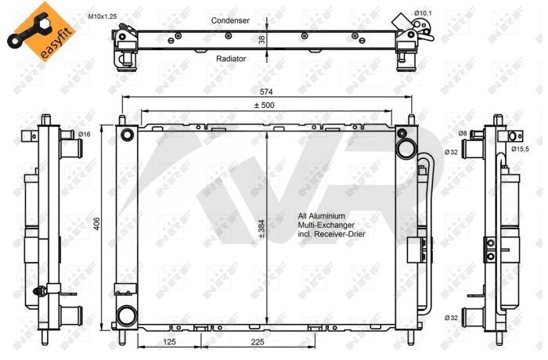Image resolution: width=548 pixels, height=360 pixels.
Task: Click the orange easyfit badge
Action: (x=41, y=31)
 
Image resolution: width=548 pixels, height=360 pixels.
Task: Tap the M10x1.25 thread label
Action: (x=102, y=16)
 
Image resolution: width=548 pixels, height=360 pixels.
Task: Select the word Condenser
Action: (x=230, y=20)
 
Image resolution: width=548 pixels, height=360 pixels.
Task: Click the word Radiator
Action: (x=231, y=59)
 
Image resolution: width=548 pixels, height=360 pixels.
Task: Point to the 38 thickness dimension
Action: (x=262, y=39)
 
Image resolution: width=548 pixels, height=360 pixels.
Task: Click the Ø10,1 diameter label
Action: (x=423, y=13)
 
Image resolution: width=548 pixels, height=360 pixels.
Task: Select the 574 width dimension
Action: (x=266, y=92)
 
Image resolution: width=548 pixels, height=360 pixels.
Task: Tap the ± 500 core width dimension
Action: (x=264, y=105)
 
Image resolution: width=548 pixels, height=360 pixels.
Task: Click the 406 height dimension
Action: (x=97, y=224)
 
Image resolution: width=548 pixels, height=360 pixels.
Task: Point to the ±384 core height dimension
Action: (x=261, y=229)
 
